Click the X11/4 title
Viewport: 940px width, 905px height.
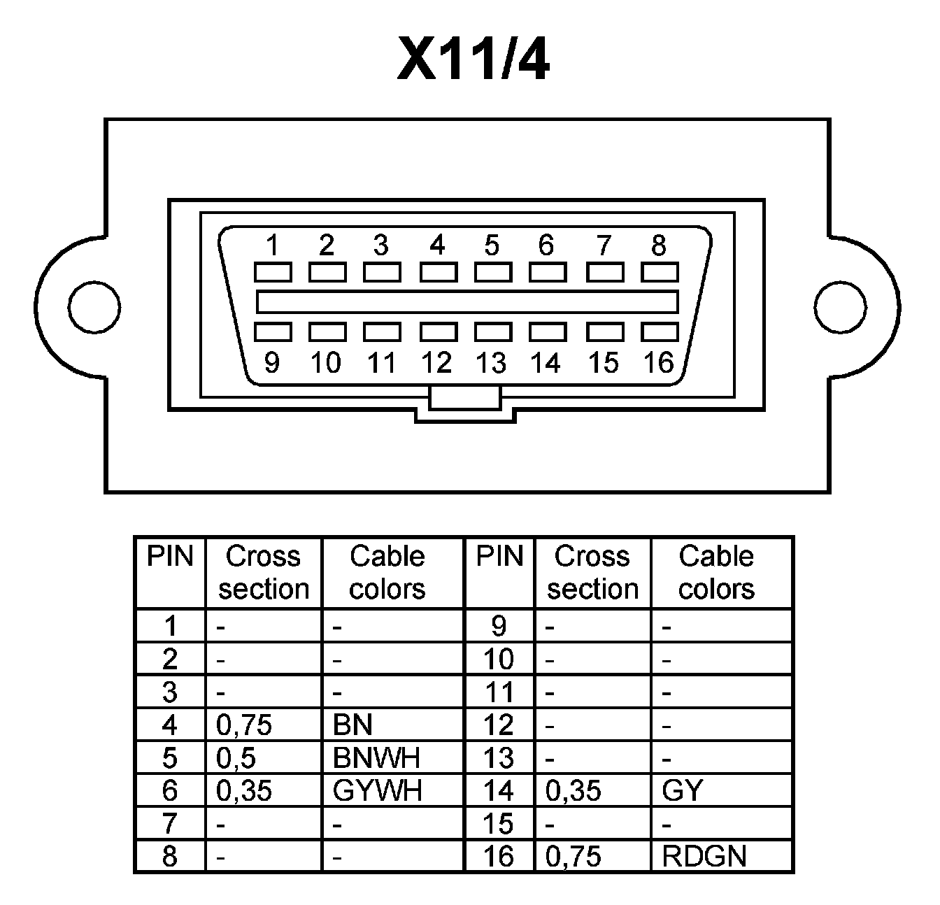pos(473,59)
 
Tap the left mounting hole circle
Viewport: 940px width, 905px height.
pos(94,306)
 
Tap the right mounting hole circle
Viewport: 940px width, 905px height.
pos(840,306)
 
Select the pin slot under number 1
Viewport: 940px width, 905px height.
pos(272,271)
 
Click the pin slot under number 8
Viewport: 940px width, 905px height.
pos(660,271)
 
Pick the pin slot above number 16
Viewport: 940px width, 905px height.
pos(660,332)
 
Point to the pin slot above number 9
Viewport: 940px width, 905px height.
pos(272,332)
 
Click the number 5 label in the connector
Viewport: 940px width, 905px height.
pos(492,245)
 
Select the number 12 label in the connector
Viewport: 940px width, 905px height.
pos(436,362)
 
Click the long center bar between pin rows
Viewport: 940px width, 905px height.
pos(467,301)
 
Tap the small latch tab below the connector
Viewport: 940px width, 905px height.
pos(466,398)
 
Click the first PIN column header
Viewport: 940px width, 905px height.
pos(169,557)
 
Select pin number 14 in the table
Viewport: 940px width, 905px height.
pos(498,791)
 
